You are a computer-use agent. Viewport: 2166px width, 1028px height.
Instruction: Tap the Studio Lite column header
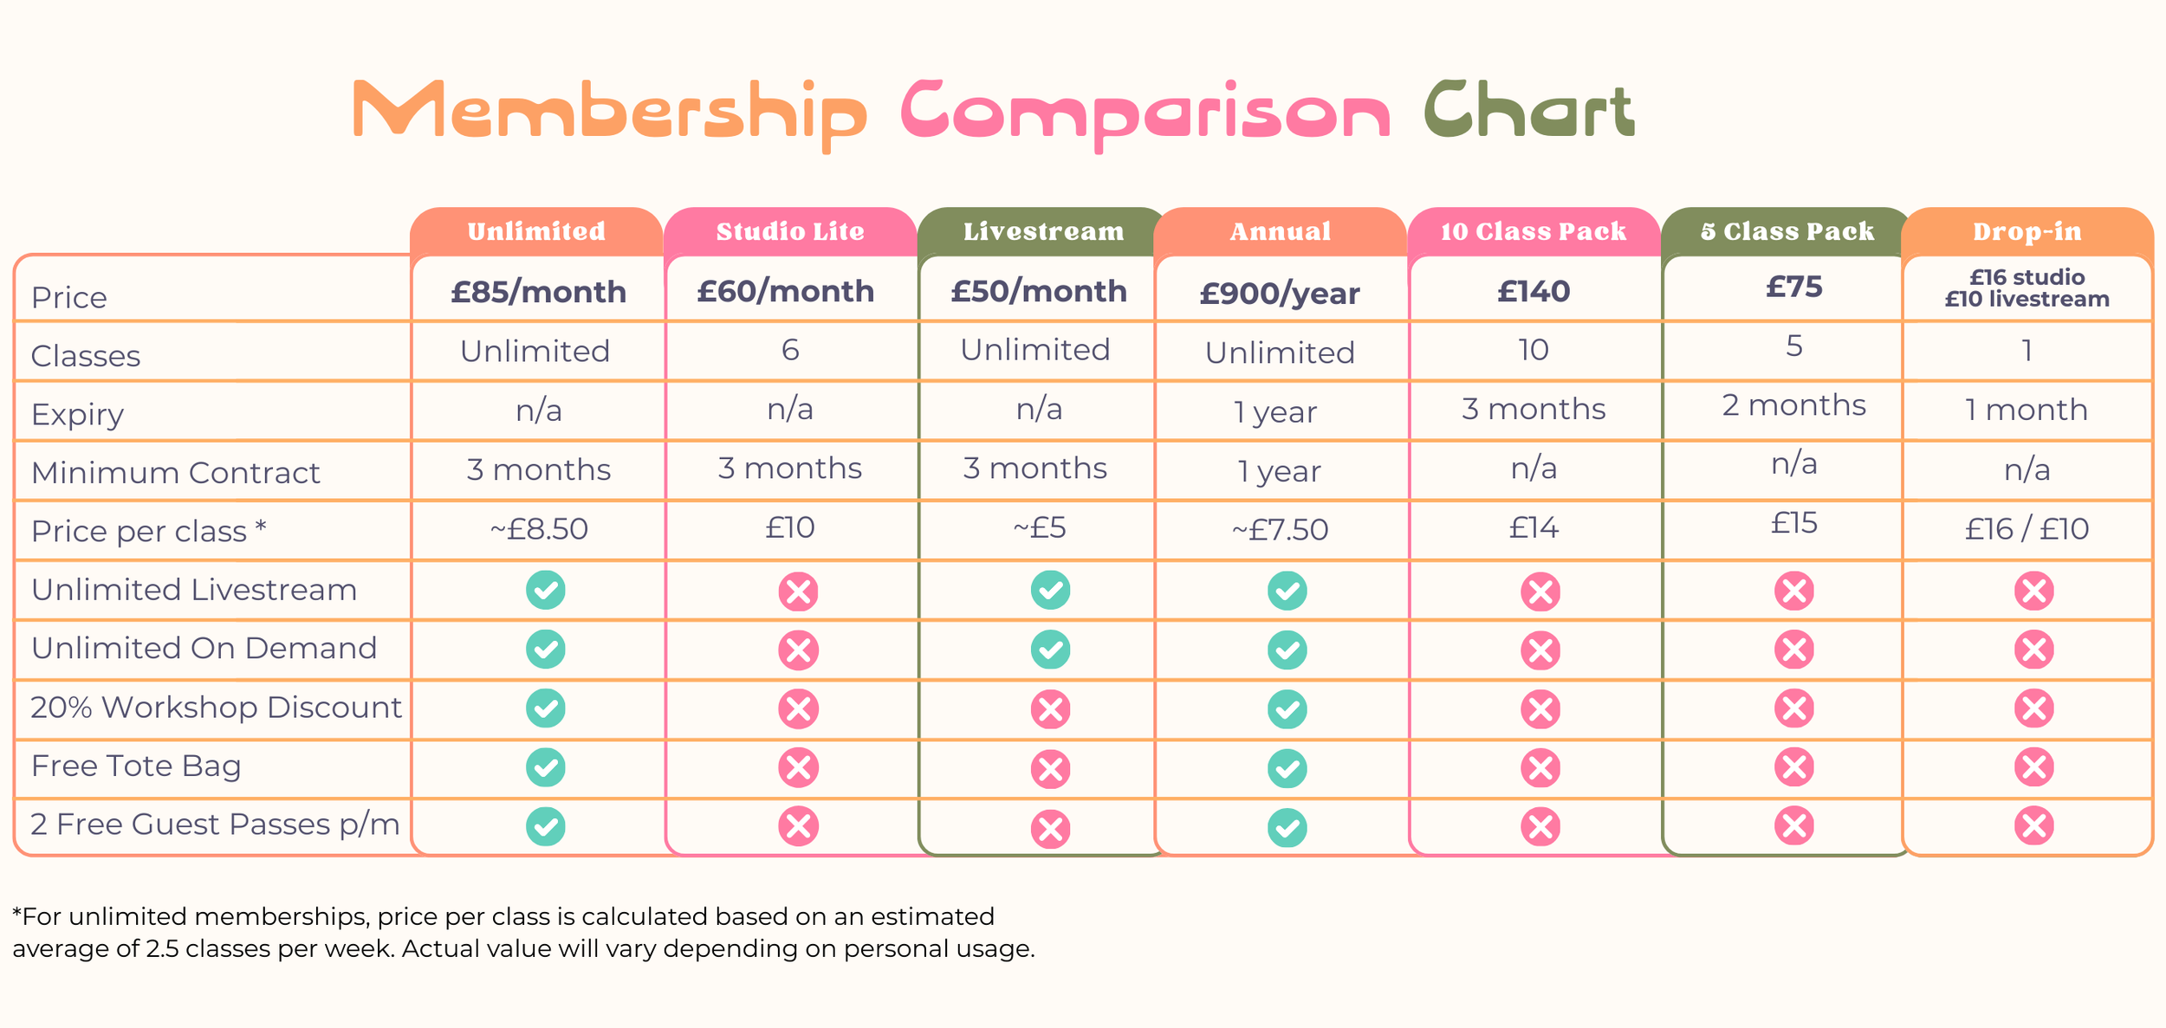pyautogui.click(x=790, y=231)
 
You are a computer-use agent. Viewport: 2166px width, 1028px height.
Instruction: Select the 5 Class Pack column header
pyautogui.click(x=1787, y=231)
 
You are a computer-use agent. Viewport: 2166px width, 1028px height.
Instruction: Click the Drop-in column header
pyautogui.click(x=2027, y=231)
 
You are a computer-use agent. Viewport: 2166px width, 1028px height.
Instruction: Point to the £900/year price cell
pyautogui.click(x=1280, y=294)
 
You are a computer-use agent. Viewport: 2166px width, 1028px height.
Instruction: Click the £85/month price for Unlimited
pyautogui.click(x=538, y=292)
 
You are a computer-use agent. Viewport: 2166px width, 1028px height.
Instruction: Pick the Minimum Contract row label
pyautogui.click(x=176, y=473)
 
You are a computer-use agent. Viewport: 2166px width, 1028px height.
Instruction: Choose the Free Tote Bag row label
pyautogui.click(x=136, y=766)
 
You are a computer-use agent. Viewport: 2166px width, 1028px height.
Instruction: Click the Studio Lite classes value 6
pyautogui.click(x=790, y=350)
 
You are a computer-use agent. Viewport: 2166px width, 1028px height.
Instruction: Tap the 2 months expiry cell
pyautogui.click(x=1794, y=405)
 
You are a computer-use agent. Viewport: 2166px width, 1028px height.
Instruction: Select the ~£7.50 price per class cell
pyautogui.click(x=1280, y=529)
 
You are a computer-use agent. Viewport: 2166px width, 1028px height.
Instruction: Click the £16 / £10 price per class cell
pyautogui.click(x=2027, y=528)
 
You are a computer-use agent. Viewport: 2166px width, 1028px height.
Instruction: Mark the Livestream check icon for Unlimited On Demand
pyautogui.click(x=1050, y=650)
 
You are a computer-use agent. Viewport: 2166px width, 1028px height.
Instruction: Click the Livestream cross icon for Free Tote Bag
pyautogui.click(x=1050, y=768)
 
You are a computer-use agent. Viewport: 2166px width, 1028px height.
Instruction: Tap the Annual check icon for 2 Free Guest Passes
pyautogui.click(x=1287, y=827)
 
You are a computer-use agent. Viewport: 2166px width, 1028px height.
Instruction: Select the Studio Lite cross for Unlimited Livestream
pyautogui.click(x=798, y=592)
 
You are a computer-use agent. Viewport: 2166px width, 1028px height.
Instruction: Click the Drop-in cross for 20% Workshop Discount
pyautogui.click(x=2034, y=708)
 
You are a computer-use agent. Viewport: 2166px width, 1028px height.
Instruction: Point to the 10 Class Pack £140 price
pyautogui.click(x=1534, y=291)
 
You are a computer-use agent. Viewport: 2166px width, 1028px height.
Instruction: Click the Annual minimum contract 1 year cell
pyautogui.click(x=1280, y=471)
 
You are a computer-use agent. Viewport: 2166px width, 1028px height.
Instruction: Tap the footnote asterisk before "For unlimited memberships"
pyautogui.click(x=17, y=914)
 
